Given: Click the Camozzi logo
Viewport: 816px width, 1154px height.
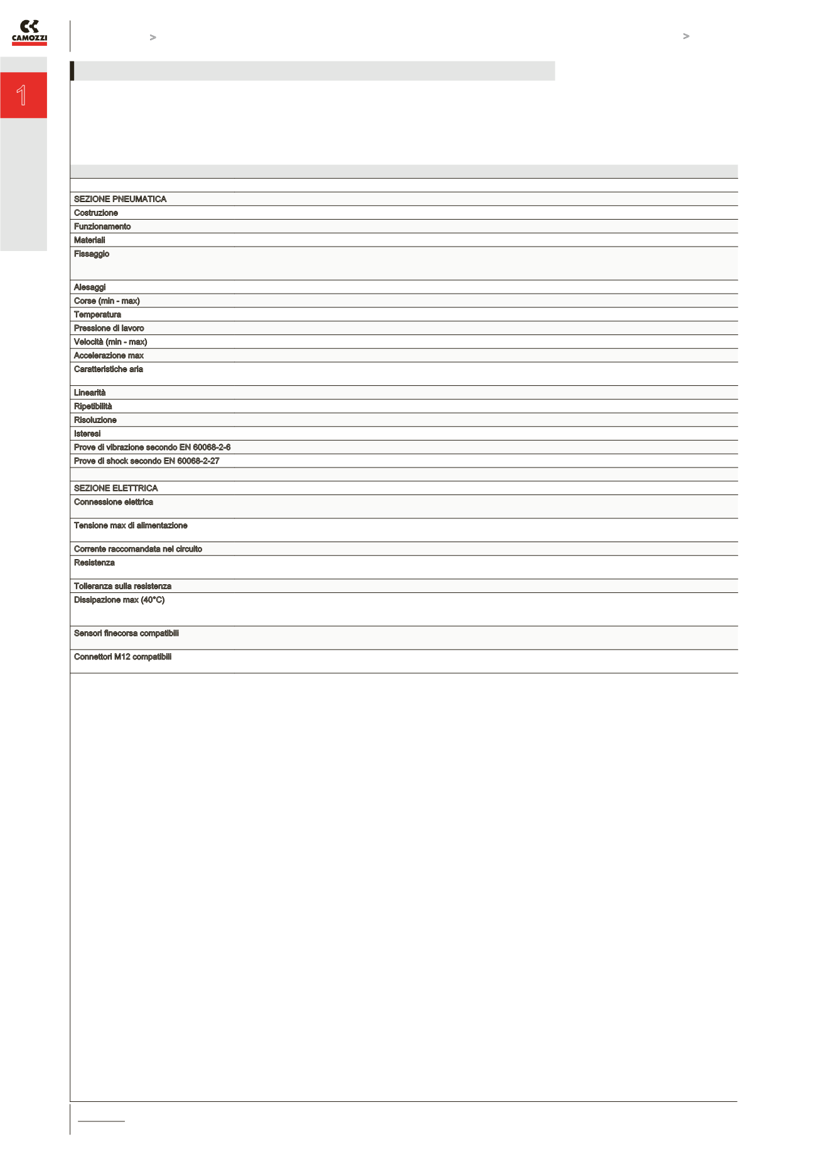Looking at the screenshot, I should coord(30,33).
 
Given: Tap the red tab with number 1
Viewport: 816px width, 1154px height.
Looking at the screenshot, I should coord(23,95).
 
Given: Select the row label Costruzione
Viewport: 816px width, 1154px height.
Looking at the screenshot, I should coord(96,213).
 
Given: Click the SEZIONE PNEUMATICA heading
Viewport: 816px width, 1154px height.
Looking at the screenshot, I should coord(120,199).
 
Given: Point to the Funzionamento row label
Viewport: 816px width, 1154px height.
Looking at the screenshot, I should coord(102,227).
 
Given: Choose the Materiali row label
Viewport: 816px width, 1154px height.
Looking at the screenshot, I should coord(90,240).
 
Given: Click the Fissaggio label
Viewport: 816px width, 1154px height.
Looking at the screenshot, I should coord(92,254).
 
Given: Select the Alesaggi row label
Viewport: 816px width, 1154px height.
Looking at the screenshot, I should coord(90,287).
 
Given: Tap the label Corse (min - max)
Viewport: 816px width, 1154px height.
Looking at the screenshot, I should coord(107,301).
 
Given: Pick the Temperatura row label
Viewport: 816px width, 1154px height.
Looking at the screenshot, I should coord(97,314).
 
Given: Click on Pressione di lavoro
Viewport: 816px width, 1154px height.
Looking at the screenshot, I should coord(109,328).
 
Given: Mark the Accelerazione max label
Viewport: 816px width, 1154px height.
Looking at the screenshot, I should coord(109,356).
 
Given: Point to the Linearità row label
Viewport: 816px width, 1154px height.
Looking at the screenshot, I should coord(90,393).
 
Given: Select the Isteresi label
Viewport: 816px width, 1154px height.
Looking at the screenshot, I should coord(87,434).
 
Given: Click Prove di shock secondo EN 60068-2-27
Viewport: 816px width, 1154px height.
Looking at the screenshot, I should coord(146,461).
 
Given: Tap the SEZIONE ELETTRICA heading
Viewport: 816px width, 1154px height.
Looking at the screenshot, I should coord(115,488).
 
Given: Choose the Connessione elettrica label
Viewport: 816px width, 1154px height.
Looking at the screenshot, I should coord(114,502).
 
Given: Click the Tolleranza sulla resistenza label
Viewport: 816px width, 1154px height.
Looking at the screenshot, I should coord(122,586).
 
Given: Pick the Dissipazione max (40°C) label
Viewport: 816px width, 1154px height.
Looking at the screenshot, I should coord(119,600).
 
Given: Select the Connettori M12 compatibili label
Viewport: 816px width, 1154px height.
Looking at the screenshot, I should coord(122,657).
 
